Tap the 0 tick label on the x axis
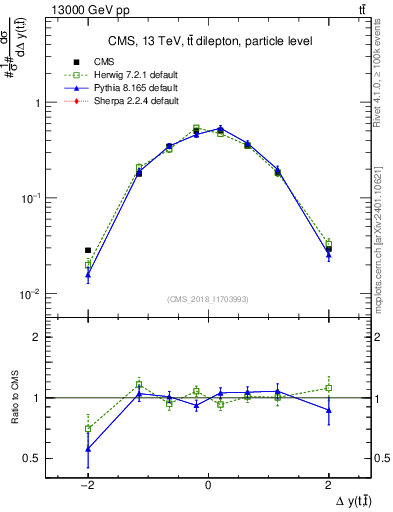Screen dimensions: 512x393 point(208,482)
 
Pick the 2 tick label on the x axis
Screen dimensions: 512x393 point(328,482)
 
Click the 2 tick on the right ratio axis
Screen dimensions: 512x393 point(380,337)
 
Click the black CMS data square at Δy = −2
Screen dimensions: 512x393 point(88,250)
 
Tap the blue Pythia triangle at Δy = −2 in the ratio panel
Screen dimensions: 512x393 point(88,449)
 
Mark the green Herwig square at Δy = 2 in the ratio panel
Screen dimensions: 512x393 point(328,388)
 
